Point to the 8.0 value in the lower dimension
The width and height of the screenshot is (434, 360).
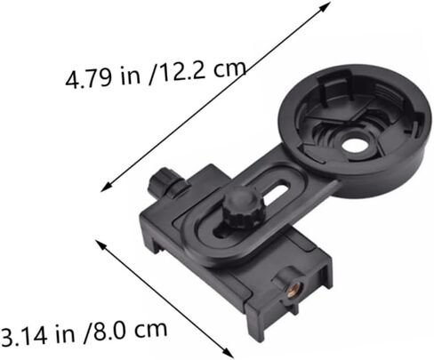pyautogui.click(x=108, y=331)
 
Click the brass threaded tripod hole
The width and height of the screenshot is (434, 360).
pyautogui.click(x=293, y=292)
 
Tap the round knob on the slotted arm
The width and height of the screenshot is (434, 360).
pyautogui.click(x=242, y=206)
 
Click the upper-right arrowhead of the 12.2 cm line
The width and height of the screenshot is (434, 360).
pyautogui.click(x=325, y=6)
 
